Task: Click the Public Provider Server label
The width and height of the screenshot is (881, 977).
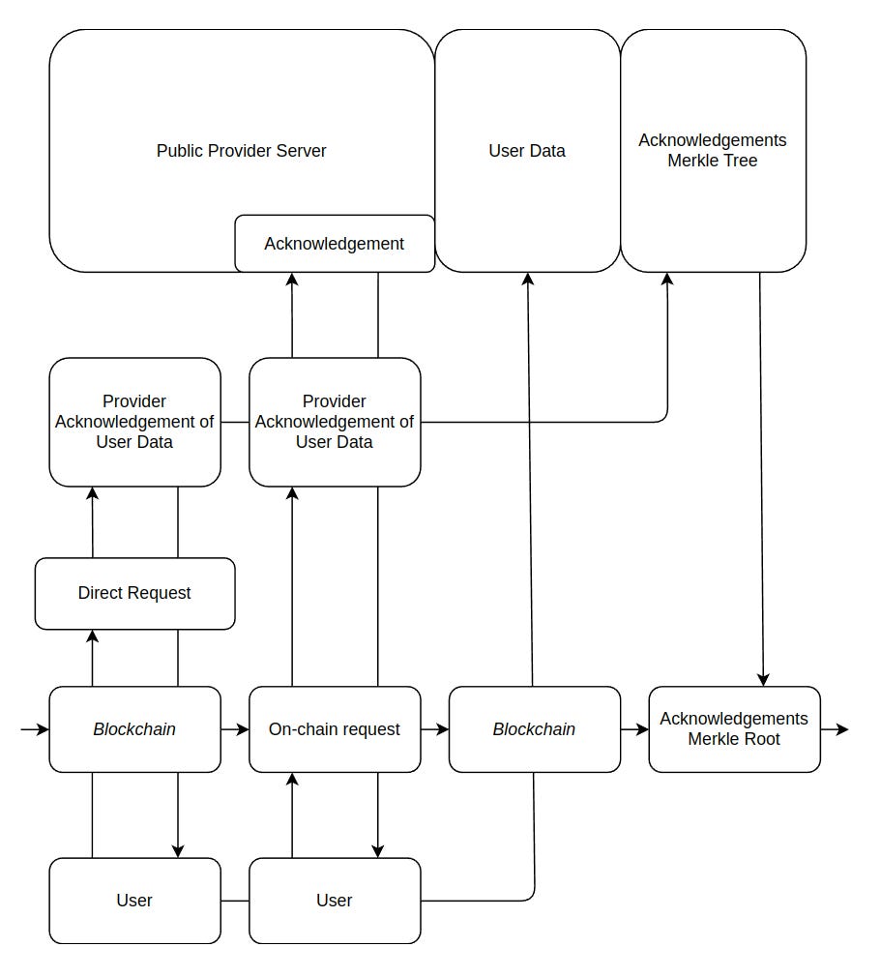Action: click(x=241, y=151)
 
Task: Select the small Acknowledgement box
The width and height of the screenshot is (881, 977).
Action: click(x=334, y=244)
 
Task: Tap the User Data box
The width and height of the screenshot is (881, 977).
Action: click(x=527, y=151)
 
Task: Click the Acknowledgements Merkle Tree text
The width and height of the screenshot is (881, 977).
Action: click(x=713, y=151)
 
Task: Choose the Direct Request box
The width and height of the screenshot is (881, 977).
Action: click(x=134, y=593)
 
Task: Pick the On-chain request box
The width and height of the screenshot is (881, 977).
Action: click(x=334, y=729)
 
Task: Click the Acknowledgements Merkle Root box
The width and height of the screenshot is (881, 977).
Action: click(x=734, y=729)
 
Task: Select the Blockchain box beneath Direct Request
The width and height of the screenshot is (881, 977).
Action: click(x=134, y=729)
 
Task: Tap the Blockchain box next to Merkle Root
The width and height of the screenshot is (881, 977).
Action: click(x=534, y=729)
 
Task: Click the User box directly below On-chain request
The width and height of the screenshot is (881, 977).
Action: click(x=334, y=901)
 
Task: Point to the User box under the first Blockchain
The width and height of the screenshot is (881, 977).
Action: click(x=134, y=901)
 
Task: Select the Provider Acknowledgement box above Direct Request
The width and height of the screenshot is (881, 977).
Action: click(x=134, y=422)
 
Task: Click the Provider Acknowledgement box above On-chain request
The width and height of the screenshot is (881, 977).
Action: click(x=334, y=422)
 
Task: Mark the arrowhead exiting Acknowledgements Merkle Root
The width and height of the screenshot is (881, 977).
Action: click(x=842, y=729)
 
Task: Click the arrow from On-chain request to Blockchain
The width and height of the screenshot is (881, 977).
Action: click(x=435, y=729)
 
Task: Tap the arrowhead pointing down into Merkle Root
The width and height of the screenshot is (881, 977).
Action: click(x=764, y=679)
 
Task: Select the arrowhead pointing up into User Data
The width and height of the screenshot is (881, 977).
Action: click(x=527, y=280)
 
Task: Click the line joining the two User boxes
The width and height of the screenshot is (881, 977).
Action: click(x=235, y=901)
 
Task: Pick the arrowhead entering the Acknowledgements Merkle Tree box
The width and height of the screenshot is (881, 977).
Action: click(x=667, y=280)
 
